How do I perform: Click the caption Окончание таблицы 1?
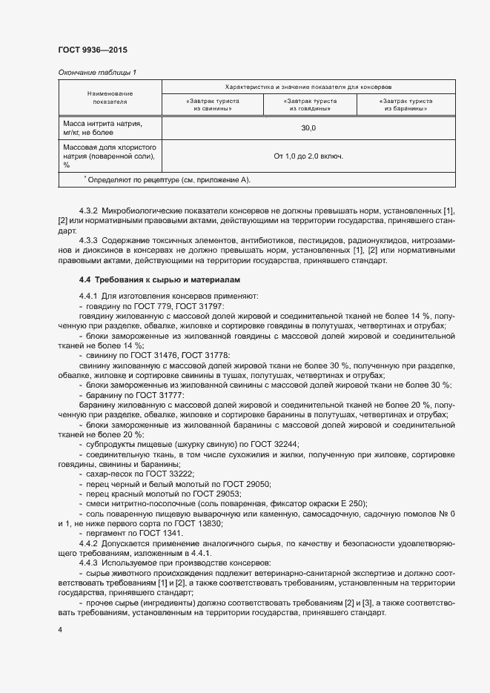tap(97, 72)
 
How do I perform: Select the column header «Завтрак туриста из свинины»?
tap(210, 104)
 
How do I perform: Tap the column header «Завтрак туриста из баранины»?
tap(406, 104)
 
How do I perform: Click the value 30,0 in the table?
tap(308, 128)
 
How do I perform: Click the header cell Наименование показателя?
tap(110, 98)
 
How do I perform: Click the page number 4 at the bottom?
tap(59, 629)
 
